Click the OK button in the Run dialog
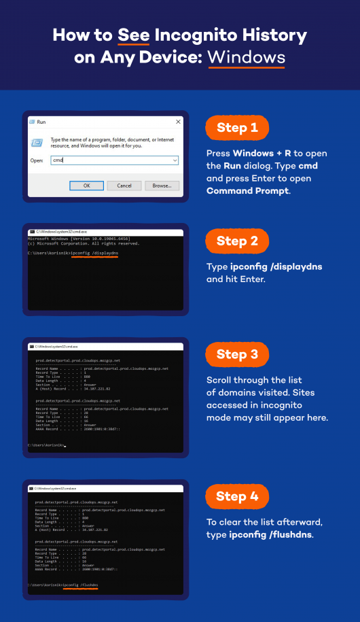pos(87,185)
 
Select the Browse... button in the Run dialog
pos(162,185)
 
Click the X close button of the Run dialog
pos(178,121)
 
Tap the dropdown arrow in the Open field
pos(175,160)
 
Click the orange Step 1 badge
pos(237,128)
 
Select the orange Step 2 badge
pos(237,241)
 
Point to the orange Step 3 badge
pos(237,353)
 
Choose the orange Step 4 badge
pos(237,496)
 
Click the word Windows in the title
pos(247,57)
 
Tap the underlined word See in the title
pos(133,35)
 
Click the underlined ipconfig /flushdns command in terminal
pos(80,585)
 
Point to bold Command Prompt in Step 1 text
pos(249,191)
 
